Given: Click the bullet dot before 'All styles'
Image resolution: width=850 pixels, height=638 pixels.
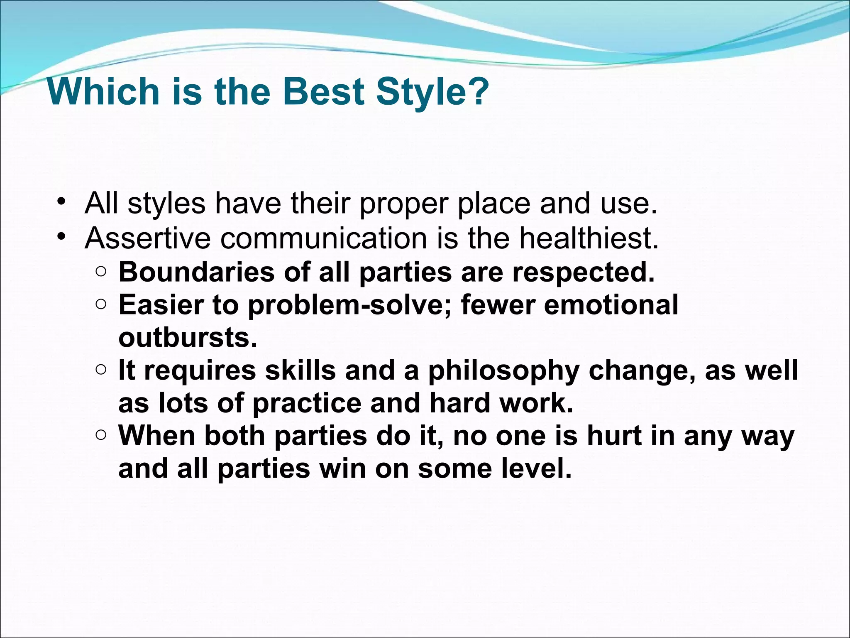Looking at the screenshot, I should point(62,202).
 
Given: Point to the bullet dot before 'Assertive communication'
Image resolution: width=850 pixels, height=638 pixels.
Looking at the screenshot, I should point(62,237).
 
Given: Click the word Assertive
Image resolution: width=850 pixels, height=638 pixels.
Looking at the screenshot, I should point(148,238).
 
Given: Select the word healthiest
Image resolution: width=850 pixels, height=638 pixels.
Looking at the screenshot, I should point(589,238).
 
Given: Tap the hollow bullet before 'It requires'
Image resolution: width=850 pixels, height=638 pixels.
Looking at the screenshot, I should point(101,369).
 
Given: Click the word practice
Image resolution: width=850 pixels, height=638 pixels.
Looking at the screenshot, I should point(307,403).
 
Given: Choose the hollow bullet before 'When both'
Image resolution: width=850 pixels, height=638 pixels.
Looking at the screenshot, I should point(101,435).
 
